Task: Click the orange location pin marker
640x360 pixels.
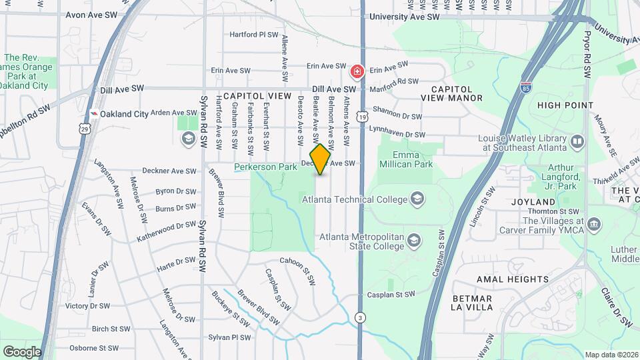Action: pyautogui.click(x=320, y=159)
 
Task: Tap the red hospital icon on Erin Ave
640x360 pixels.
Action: pyautogui.click(x=357, y=70)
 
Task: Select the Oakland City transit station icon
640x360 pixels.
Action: pyautogui.click(x=95, y=114)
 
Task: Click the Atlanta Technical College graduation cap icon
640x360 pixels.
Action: pyautogui.click(x=417, y=199)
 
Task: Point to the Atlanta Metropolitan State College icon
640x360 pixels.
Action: pyautogui.click(x=415, y=239)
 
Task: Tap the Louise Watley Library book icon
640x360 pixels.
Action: pyautogui.click(x=576, y=143)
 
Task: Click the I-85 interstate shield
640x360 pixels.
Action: pyautogui.click(x=525, y=87)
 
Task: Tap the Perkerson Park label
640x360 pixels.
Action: pyautogui.click(x=265, y=167)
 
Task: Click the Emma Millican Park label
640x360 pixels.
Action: pyautogui.click(x=405, y=159)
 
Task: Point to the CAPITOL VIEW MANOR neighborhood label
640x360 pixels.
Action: pyautogui.click(x=451, y=93)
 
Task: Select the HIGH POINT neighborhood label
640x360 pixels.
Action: pyautogui.click(x=565, y=105)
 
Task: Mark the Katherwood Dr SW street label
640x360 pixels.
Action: pyautogui.click(x=167, y=231)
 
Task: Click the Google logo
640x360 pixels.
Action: pyautogui.click(x=22, y=352)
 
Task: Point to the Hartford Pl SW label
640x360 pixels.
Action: pyautogui.click(x=253, y=34)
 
